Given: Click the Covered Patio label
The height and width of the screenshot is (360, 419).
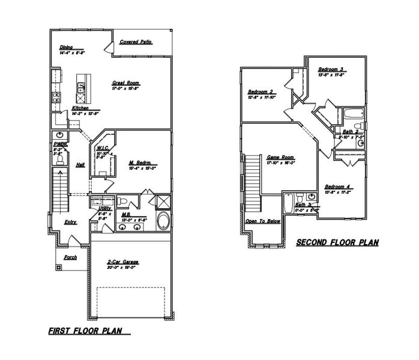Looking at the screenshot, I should point(135,42).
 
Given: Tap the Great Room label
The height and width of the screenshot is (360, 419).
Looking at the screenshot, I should point(125,83).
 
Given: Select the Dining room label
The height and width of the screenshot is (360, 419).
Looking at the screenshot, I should point(65,49).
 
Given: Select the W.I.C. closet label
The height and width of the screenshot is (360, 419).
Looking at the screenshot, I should point(101,148).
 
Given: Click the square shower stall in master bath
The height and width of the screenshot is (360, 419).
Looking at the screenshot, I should point(161,201).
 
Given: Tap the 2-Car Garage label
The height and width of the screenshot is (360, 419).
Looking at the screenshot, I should point(124,263).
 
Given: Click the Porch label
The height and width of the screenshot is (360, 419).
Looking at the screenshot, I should point(70,257).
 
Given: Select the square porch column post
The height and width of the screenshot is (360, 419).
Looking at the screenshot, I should point(58,268).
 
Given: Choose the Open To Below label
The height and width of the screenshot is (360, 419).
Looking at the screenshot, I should point(263,221).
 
